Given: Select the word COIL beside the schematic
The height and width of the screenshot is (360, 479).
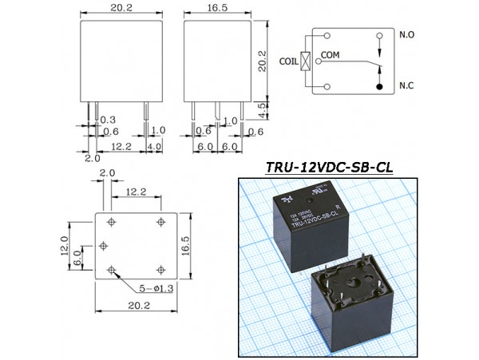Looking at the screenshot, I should click(x=289, y=60).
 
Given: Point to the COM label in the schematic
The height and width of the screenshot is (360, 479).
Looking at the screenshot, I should click(x=331, y=54).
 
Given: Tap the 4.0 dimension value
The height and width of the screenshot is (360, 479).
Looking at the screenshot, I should click(x=154, y=146).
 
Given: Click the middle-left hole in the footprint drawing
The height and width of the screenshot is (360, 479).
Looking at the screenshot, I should click(x=104, y=246).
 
